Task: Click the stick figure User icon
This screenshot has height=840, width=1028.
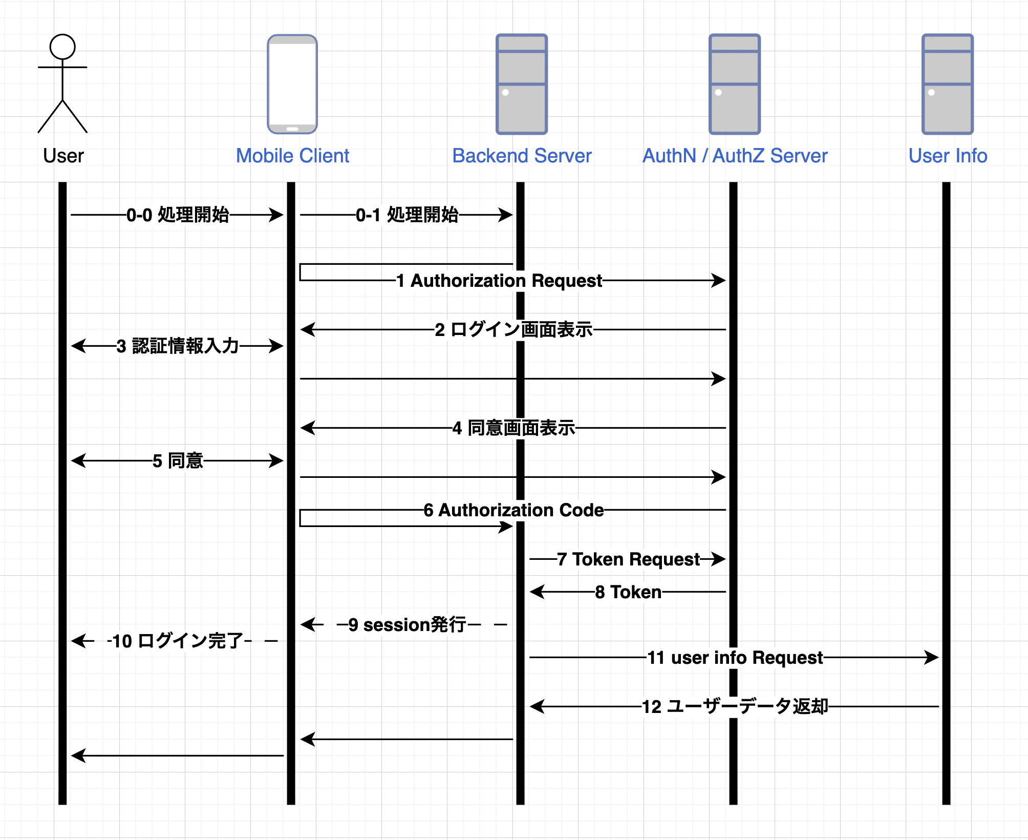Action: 62,83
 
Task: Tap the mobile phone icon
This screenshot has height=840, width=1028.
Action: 292,85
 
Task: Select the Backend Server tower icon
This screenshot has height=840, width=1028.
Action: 522,85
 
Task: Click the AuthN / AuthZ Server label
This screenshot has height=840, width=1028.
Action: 735,156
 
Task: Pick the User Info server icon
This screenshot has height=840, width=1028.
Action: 948,85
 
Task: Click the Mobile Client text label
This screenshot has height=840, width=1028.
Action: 292,156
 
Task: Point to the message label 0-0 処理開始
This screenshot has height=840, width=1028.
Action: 178,215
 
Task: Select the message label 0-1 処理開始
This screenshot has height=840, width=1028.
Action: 407,215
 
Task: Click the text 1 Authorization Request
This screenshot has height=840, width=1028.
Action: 500,281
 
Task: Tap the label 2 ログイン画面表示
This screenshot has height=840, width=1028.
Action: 513,329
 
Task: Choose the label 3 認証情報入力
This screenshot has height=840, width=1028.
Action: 178,346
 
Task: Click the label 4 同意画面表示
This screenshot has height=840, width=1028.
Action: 513,428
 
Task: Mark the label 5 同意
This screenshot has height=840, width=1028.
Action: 178,460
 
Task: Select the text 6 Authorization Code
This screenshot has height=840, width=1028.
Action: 513,510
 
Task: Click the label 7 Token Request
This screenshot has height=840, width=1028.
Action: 628,559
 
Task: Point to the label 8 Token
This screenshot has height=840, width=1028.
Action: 628,592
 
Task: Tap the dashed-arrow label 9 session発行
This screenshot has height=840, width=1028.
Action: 407,624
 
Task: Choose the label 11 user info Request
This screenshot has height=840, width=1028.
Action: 735,657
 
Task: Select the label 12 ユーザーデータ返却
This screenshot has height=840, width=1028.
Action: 735,706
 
